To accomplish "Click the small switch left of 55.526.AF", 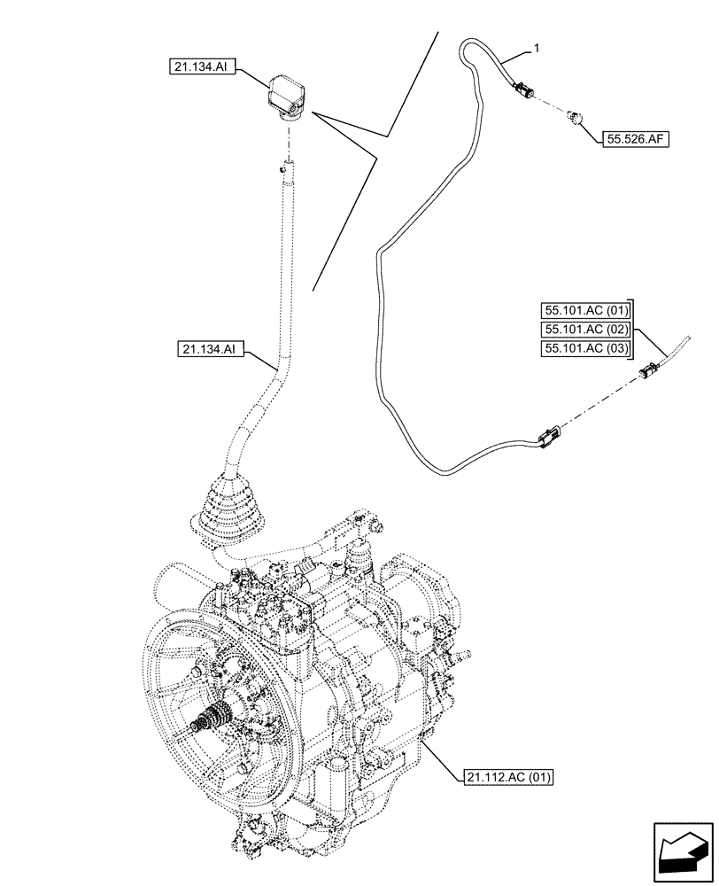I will pos(576,117).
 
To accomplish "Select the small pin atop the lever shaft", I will pos(285,165).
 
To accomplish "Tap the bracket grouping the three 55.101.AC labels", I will pos(634,329).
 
